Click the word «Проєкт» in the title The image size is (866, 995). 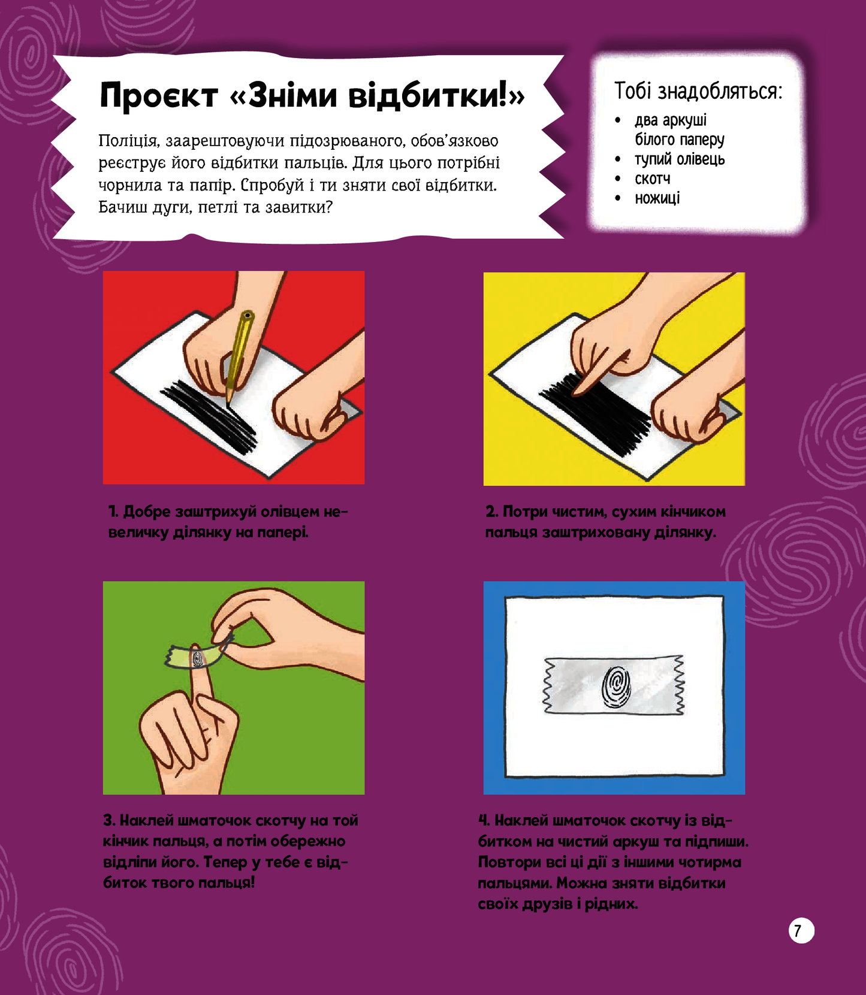(159, 95)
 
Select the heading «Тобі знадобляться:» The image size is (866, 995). (698, 92)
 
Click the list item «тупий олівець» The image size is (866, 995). (680, 159)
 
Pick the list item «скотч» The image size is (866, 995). (653, 179)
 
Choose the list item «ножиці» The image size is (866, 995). (657, 198)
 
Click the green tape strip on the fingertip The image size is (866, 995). (197, 656)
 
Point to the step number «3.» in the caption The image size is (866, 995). (109, 820)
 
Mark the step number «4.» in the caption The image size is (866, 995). (484, 820)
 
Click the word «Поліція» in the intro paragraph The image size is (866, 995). (129, 141)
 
